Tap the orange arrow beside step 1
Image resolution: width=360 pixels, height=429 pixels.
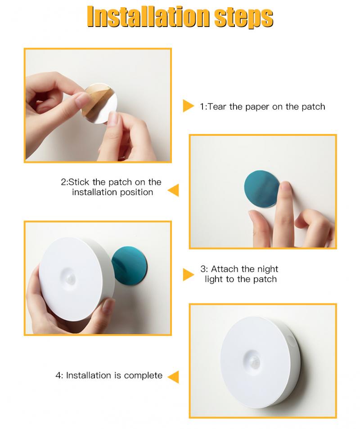click(188, 106)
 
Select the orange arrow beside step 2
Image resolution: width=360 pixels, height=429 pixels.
click(173, 190)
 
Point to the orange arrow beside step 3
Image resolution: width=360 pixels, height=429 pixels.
click(188, 274)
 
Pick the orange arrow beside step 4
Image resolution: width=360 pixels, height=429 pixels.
click(173, 376)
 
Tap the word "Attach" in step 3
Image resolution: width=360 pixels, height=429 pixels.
click(225, 269)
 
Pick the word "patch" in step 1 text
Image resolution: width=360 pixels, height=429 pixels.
click(313, 107)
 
